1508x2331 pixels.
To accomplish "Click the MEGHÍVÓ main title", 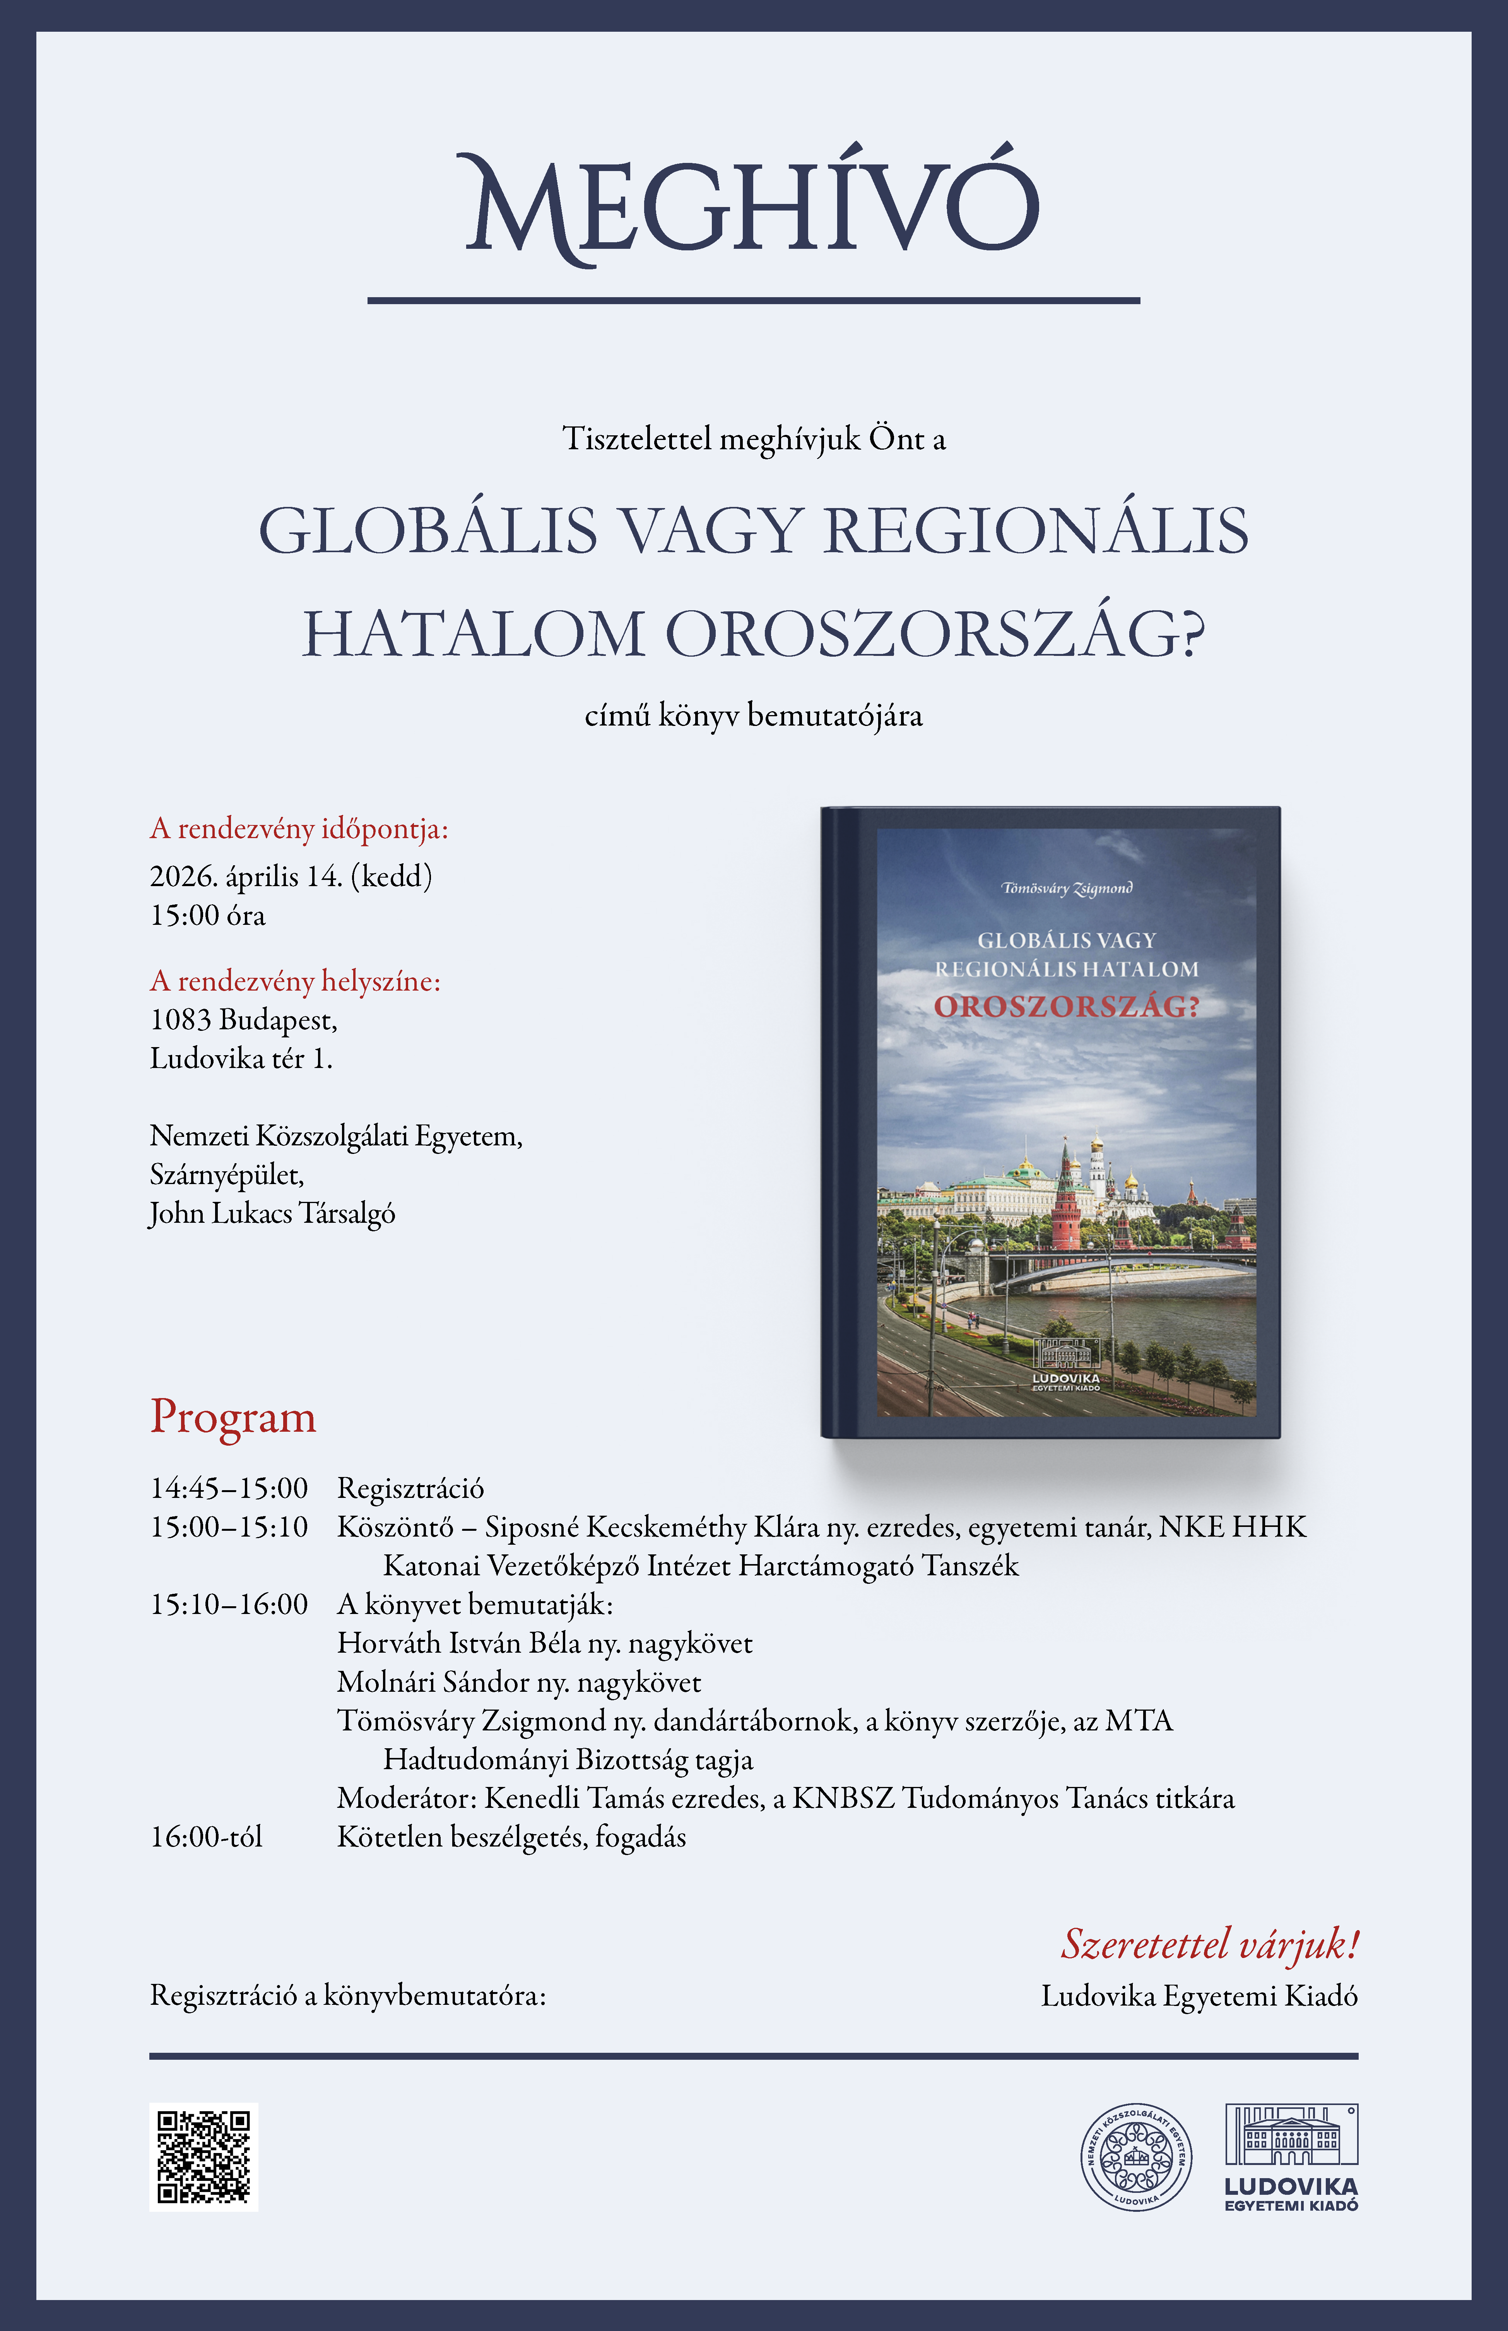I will click(x=752, y=206).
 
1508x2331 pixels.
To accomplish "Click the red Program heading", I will click(x=233, y=1417).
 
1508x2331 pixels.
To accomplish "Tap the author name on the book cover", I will click(x=1066, y=888).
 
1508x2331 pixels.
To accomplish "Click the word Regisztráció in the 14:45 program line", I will click(x=410, y=1489).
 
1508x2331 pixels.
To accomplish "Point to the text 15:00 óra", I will click(x=208, y=915).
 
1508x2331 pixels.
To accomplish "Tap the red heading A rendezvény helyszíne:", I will click(x=295, y=981).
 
